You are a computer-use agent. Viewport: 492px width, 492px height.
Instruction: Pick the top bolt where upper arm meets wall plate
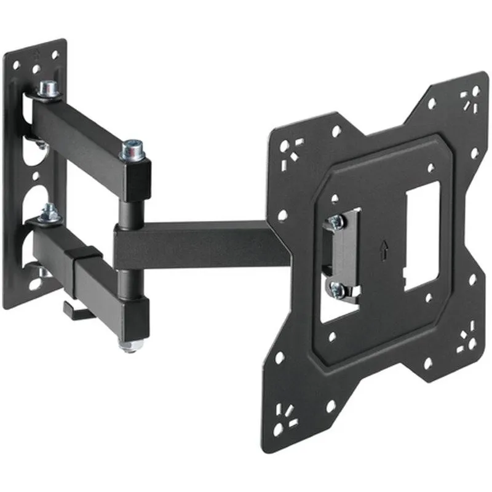click(x=47, y=90)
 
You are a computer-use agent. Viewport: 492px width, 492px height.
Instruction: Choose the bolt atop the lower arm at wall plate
click(x=49, y=213)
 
